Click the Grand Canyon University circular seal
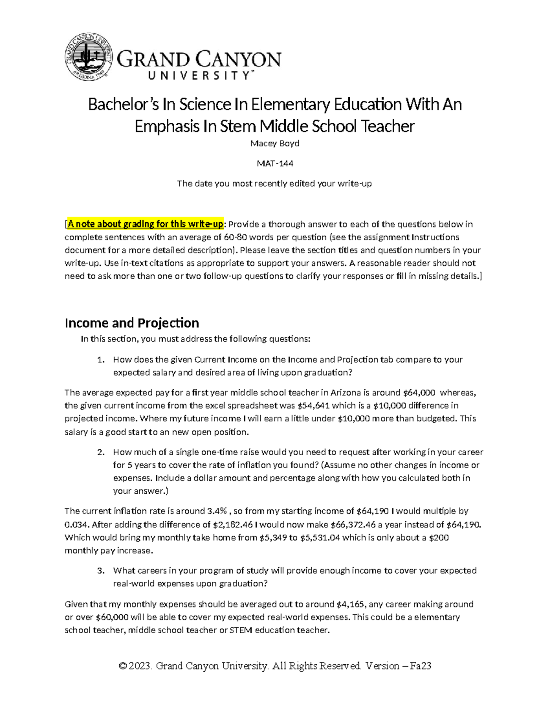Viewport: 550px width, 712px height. click(x=89, y=57)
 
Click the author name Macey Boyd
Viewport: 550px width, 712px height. click(x=275, y=144)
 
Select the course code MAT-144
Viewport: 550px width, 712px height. click(x=275, y=163)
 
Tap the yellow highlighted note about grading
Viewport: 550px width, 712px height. click(x=145, y=224)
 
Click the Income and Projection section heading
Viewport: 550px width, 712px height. click(x=132, y=323)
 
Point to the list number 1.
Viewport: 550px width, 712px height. click(x=101, y=360)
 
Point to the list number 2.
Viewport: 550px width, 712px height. click(x=101, y=453)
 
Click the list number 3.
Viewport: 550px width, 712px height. click(x=101, y=571)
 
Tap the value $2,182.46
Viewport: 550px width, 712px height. click(x=233, y=524)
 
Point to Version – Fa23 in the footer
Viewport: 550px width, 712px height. click(x=398, y=666)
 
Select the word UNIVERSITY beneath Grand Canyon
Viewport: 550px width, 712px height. click(x=199, y=76)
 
